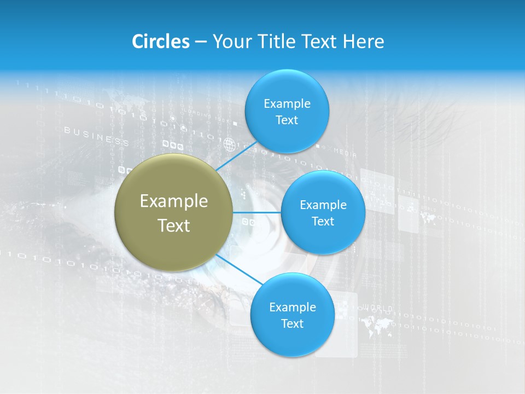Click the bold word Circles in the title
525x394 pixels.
pos(160,42)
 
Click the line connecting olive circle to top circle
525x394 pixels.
pos(236,156)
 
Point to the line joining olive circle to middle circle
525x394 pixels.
pos(257,212)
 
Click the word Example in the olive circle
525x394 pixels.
pos(174,201)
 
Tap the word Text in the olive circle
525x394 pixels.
pos(174,225)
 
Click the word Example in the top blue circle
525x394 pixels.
pos(287,103)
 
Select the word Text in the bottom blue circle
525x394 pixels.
pos(292,323)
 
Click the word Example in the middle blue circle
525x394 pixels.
pos(323,205)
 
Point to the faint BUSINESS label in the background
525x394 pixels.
pos(96,136)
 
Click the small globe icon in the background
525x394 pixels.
pos(229,144)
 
